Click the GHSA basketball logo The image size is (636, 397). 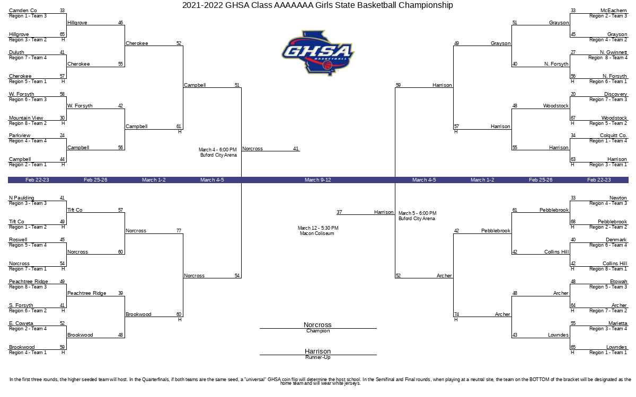(318, 53)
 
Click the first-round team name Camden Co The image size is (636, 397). (23, 11)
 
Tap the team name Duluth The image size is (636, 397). (16, 52)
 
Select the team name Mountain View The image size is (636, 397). (26, 118)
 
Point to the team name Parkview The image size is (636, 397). (20, 136)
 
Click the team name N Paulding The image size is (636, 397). (22, 197)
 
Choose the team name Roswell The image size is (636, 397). (18, 240)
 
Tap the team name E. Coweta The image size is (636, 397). (21, 323)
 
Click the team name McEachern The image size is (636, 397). (613, 11)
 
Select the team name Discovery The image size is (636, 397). (615, 94)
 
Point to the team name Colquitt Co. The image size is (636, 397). (613, 136)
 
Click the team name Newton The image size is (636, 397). (618, 197)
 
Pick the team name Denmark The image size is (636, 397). (616, 240)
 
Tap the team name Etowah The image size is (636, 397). (619, 281)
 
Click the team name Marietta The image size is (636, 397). (617, 323)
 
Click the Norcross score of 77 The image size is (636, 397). (179, 231)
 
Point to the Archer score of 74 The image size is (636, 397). (456, 314)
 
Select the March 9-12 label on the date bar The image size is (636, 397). (317, 180)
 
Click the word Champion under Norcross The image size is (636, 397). (318, 331)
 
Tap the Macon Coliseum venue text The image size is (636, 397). (317, 233)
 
